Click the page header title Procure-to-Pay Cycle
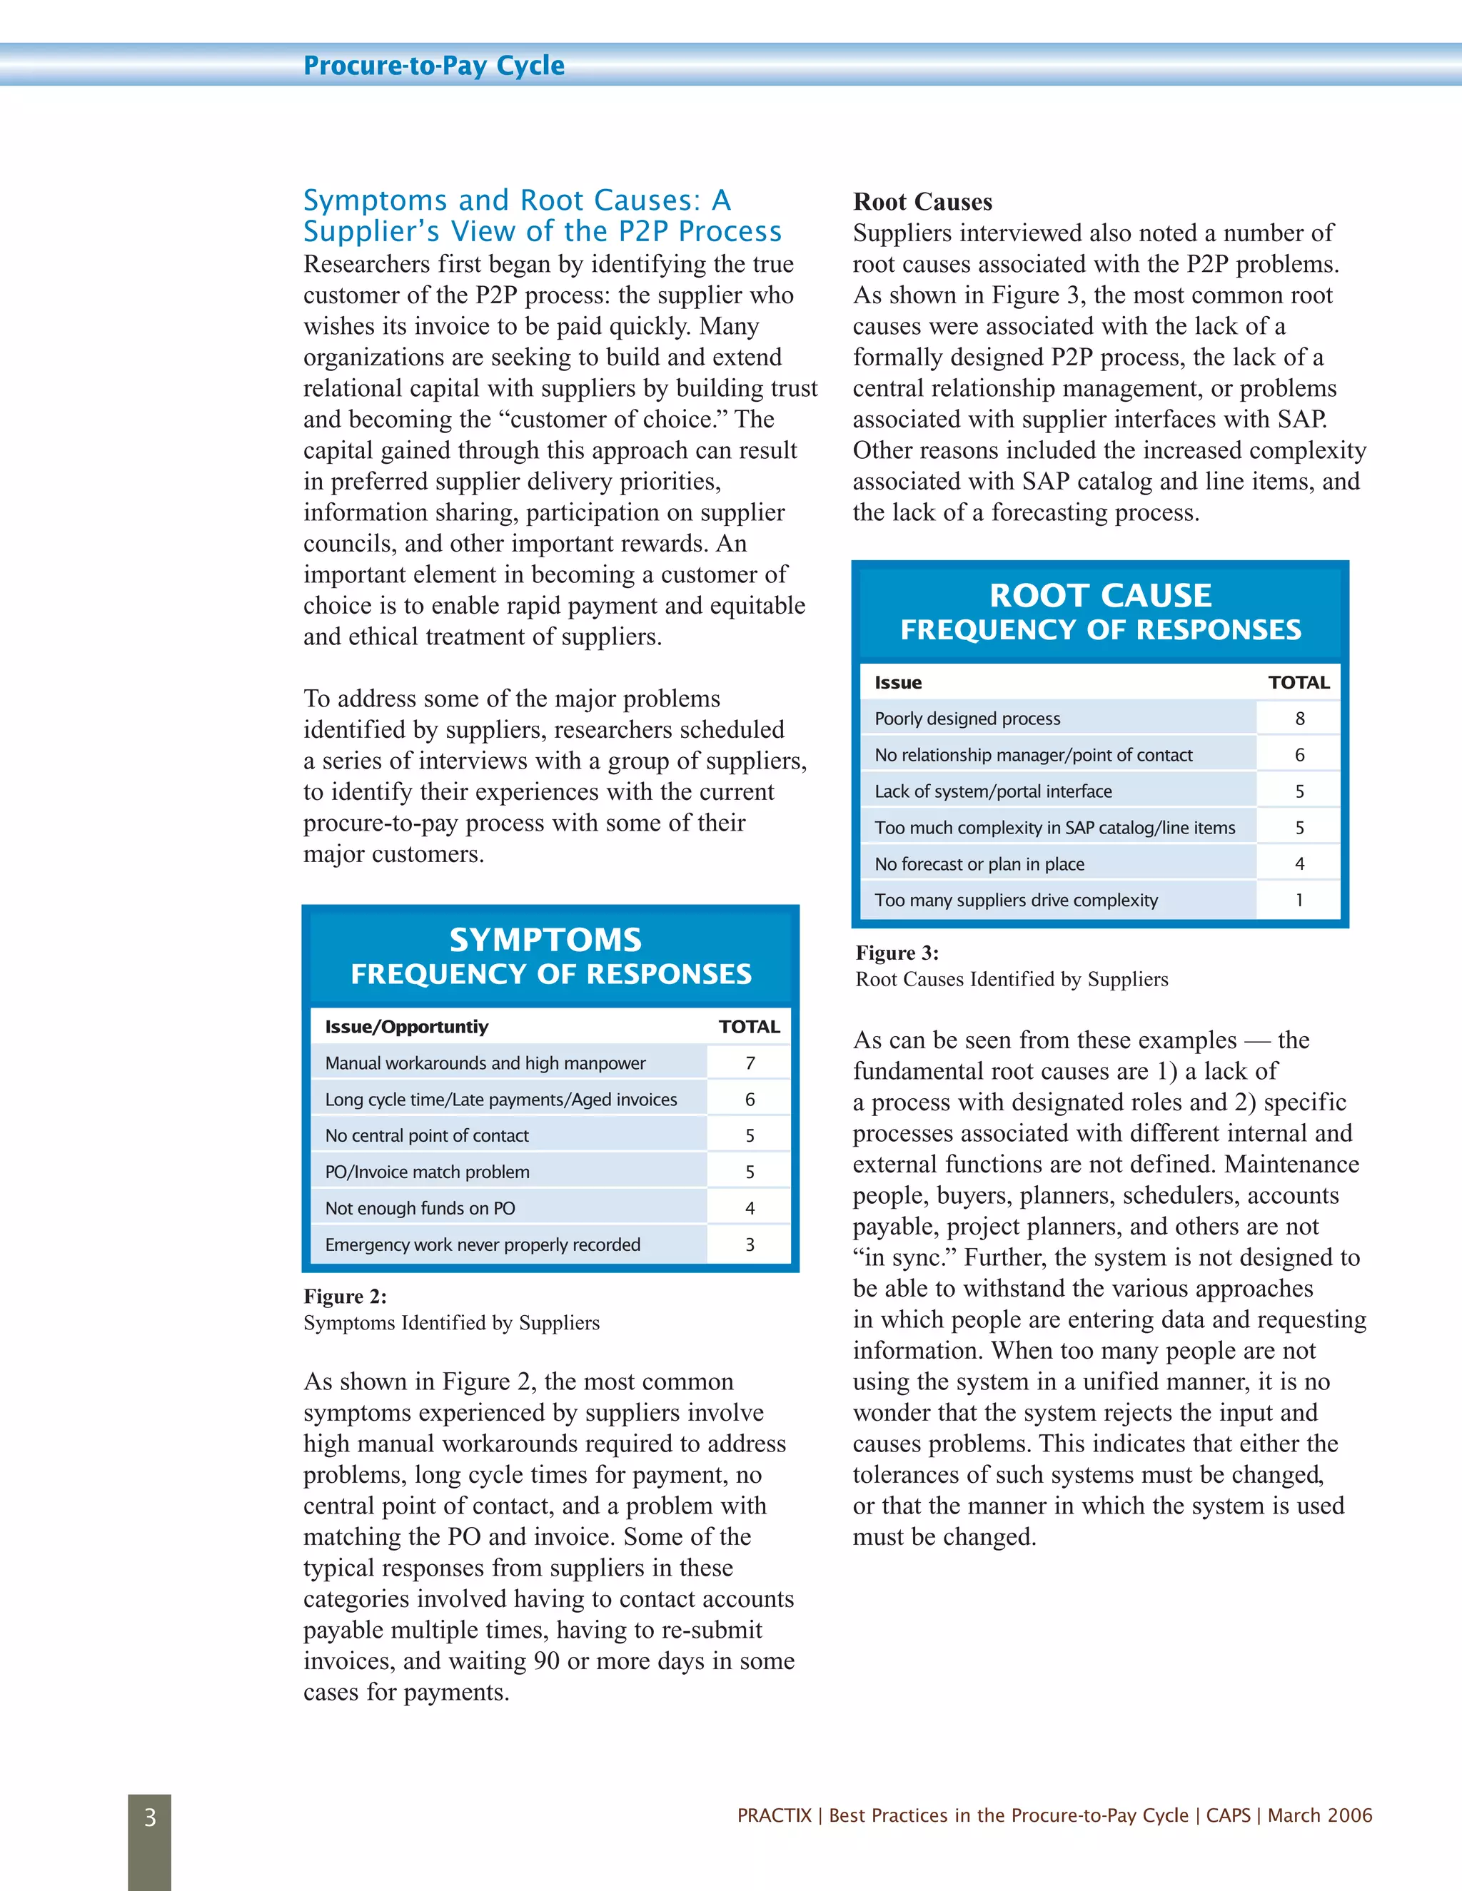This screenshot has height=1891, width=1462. click(x=434, y=66)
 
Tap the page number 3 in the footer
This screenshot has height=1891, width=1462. click(x=150, y=1817)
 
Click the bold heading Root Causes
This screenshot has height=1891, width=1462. click(x=922, y=202)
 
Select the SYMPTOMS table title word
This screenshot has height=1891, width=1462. click(x=545, y=941)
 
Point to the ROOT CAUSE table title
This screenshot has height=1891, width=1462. click(x=1100, y=596)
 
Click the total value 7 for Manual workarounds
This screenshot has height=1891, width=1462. click(x=750, y=1063)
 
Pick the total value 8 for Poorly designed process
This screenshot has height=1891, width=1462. click(x=1299, y=719)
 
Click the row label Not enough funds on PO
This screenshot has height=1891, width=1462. click(x=420, y=1209)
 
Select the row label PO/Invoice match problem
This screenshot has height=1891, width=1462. click(x=427, y=1172)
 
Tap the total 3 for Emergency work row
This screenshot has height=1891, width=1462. click(x=750, y=1245)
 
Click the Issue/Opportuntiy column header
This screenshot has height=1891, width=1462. click(x=406, y=1027)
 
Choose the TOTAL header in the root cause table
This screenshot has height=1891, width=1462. click(x=1299, y=682)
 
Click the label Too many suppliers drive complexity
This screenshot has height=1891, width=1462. click(x=1016, y=901)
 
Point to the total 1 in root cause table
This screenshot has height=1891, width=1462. click(x=1299, y=901)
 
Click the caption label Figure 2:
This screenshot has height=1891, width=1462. click(x=345, y=1296)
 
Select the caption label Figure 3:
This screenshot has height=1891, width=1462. click(x=897, y=953)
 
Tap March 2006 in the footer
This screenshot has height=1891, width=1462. click(x=1320, y=1815)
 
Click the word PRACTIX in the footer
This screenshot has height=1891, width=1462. click(x=775, y=1815)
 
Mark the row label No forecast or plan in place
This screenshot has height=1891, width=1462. click(x=979, y=864)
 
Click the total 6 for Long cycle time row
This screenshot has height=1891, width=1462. click(x=750, y=1100)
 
